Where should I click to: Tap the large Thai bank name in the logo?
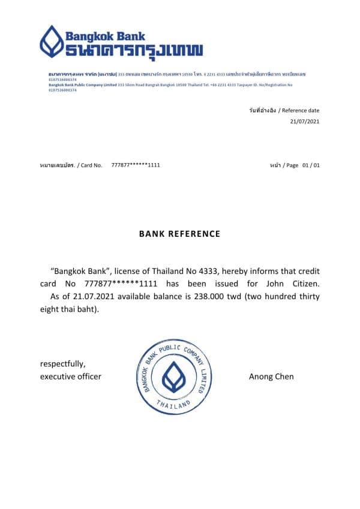(134, 50)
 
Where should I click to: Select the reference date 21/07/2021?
(305, 121)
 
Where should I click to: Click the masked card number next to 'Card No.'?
(136, 164)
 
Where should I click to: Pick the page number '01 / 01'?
(311, 164)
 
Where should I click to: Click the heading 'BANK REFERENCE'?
(180, 234)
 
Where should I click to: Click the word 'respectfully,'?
(62, 364)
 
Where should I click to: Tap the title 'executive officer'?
(70, 377)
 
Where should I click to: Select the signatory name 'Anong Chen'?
(271, 377)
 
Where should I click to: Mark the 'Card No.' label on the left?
(91, 164)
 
